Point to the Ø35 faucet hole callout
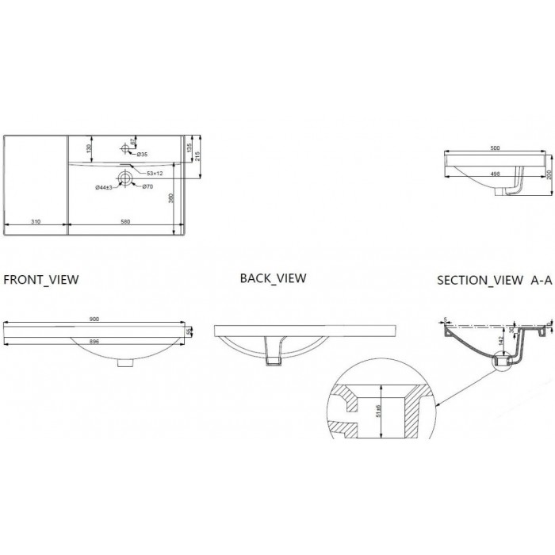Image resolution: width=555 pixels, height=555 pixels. pos(142,154)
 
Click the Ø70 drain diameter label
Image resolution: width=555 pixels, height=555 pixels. pos(147,186)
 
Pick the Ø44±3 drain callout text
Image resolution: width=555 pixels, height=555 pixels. pos(107,187)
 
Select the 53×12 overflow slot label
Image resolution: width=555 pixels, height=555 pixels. pos(154,172)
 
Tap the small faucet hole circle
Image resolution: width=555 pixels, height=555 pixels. pos(126,148)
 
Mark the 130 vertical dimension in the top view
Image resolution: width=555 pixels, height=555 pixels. pos(90,148)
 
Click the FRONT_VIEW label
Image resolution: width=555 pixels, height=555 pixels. pos(41,280)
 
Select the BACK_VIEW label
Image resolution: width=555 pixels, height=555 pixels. pos(273,278)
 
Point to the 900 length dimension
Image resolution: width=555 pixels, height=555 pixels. pos(94,319)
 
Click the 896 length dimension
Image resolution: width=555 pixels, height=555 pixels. pos(94,342)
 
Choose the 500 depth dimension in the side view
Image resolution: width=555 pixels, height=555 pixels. pos(495,147)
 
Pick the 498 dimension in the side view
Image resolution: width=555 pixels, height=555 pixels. pos(495,174)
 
